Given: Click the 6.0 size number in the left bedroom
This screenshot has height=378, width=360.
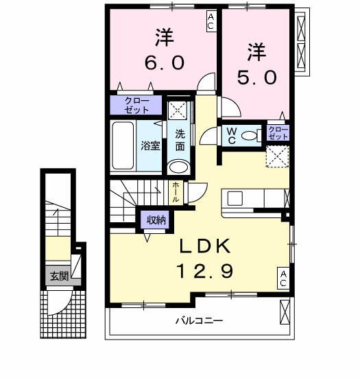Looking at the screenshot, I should click(163, 63).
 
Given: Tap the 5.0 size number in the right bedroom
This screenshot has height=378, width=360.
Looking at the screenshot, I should click(257, 76).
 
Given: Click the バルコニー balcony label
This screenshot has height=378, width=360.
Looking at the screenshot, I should click(199, 320).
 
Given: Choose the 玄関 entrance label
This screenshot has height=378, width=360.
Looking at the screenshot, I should click(58, 276).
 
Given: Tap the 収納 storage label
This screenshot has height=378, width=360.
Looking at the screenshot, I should click(154, 220).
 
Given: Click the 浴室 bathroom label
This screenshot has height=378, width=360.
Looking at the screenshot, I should click(150, 145).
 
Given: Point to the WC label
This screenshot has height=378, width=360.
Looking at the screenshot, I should click(231, 135).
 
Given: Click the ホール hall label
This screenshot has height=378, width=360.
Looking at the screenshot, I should click(176, 191).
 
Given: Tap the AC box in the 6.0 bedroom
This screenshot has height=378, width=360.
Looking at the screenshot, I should click(211, 21).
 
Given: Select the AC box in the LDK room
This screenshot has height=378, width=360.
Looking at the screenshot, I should click(283, 278).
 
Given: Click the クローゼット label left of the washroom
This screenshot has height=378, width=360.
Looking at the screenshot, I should click(137, 105).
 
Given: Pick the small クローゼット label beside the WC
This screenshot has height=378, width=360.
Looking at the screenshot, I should click(278, 132).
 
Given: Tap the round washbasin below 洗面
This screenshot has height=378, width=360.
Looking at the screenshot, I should click(179, 167).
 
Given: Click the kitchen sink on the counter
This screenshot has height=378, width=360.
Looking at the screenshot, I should click(235, 198).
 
